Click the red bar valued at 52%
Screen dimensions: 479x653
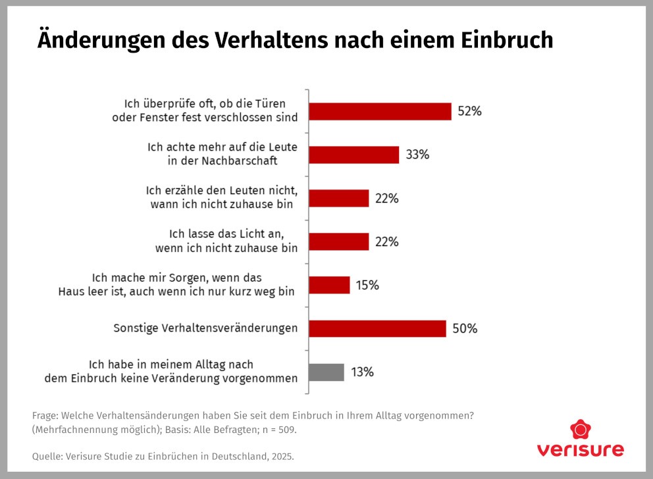[380, 111]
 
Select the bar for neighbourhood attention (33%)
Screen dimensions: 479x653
[354, 155]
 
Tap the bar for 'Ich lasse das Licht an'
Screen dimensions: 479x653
[339, 241]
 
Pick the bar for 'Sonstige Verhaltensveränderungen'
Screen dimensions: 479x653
[377, 328]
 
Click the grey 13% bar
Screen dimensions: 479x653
[326, 372]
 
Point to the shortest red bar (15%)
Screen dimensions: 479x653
[329, 285]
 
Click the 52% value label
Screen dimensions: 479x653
[469, 111]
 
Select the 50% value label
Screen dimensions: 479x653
[465, 328]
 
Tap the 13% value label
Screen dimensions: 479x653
[362, 372]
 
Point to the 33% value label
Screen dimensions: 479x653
[417, 155]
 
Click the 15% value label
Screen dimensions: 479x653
[367, 285]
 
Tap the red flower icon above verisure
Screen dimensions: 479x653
[580, 430]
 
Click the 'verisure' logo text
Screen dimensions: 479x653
[580, 451]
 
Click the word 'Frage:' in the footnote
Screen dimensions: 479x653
[45, 416]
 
